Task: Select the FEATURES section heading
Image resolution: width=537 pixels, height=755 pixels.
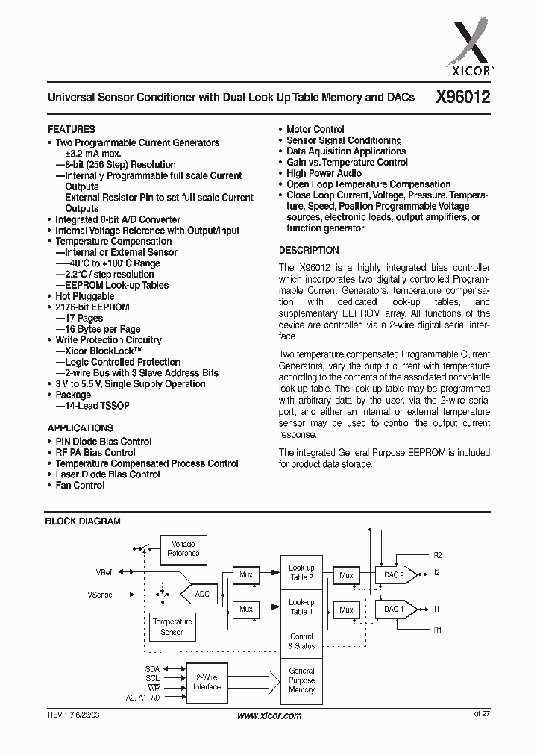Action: (x=72, y=129)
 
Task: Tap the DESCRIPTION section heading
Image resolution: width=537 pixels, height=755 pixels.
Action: (x=309, y=251)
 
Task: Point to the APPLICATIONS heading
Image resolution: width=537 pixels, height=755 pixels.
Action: (x=81, y=428)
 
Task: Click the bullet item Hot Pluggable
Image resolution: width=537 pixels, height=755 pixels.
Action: (x=85, y=296)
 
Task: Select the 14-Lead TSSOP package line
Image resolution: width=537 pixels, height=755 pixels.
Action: (x=95, y=406)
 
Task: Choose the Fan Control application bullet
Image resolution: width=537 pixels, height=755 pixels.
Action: (x=80, y=486)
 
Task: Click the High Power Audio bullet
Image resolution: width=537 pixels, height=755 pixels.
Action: (x=324, y=173)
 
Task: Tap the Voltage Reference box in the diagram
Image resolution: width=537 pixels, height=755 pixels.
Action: (x=183, y=548)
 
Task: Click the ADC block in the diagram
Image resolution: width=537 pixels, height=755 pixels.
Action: (x=202, y=594)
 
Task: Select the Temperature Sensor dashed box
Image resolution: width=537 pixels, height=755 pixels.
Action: (x=172, y=627)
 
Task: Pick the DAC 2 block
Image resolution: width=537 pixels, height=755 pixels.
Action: (x=395, y=575)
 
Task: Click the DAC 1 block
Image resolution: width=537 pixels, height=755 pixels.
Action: (x=395, y=609)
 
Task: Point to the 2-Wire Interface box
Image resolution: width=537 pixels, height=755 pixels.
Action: (x=207, y=682)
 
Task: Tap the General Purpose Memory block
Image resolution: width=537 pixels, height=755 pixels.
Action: (x=301, y=680)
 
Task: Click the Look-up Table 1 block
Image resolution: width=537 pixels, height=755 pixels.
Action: (x=301, y=607)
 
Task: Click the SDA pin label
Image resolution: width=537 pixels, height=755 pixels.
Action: (x=152, y=669)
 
